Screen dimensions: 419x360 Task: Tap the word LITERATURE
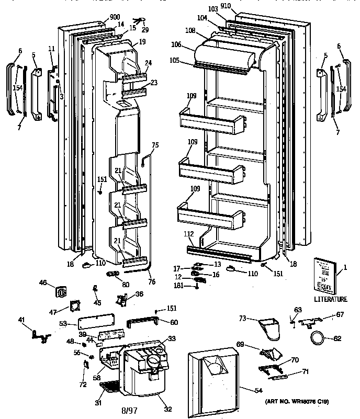coord(330,299)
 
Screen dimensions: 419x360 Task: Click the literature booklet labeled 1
coord(325,276)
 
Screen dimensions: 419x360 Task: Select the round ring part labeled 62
coord(317,337)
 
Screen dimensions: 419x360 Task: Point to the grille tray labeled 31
coord(110,387)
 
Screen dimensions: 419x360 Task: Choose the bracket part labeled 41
coord(40,336)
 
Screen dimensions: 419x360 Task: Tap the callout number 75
coord(155,145)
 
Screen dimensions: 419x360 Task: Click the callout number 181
coord(178,285)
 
